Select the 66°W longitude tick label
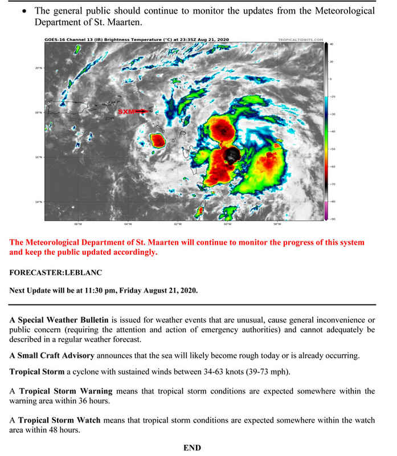(x=77, y=224)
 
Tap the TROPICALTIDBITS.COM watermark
(x=299, y=40)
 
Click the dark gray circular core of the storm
(x=232, y=155)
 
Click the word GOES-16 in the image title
(x=53, y=40)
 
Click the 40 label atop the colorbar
(x=331, y=44)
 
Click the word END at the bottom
(x=192, y=448)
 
